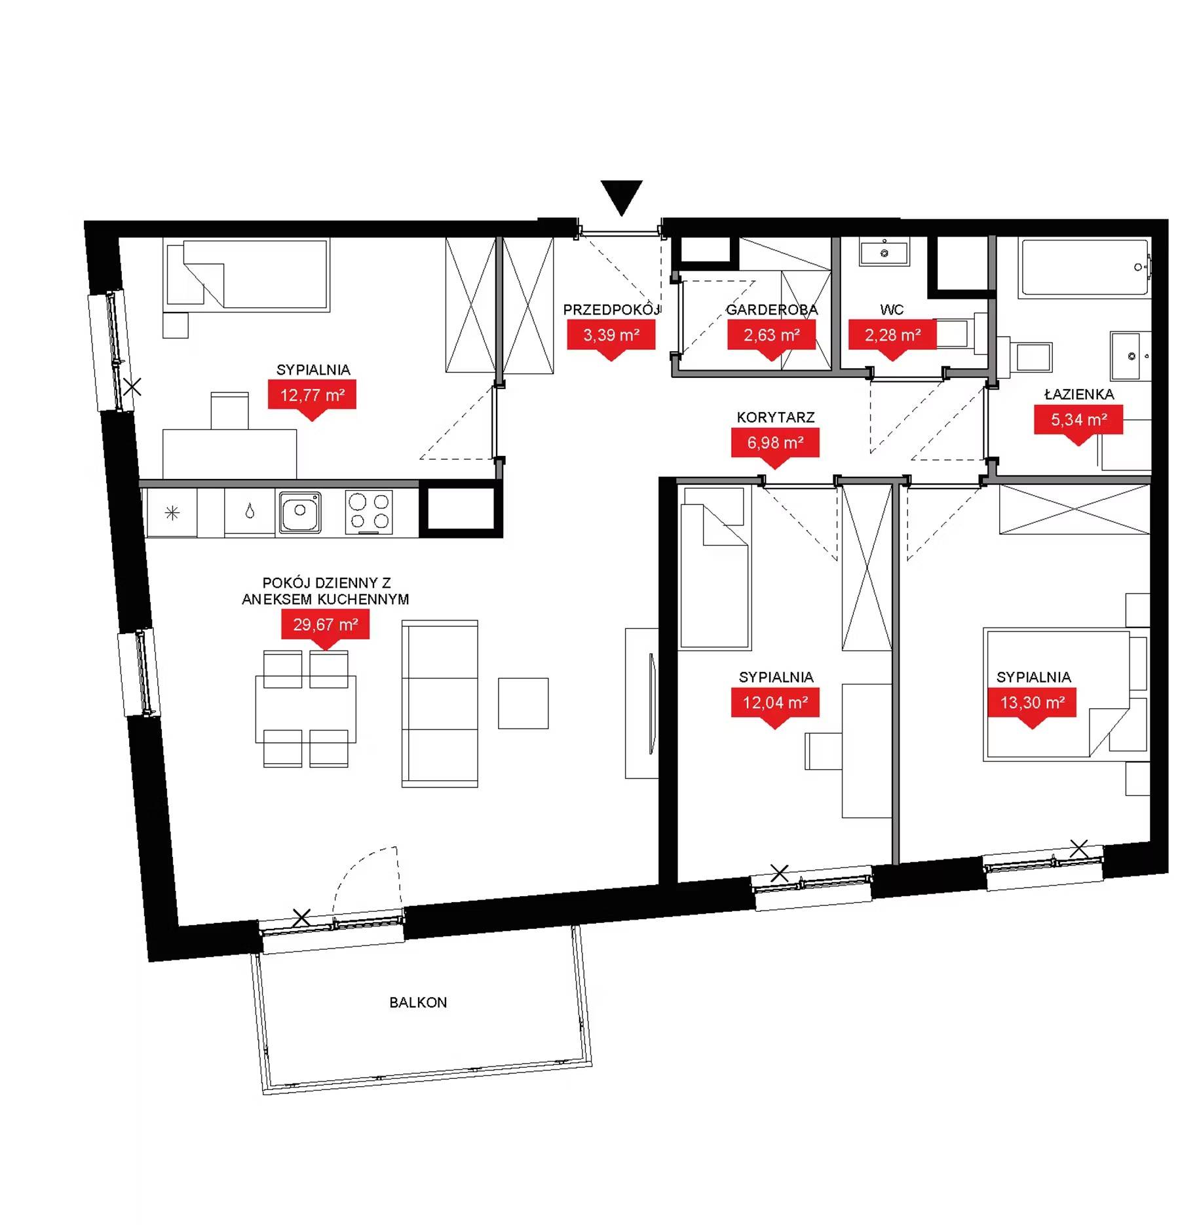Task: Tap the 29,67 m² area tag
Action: (x=326, y=625)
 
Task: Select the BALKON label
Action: (x=418, y=1002)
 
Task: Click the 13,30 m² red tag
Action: (x=1032, y=703)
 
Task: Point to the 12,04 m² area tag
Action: (x=775, y=703)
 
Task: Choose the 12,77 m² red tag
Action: (x=312, y=395)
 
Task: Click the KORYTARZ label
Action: (x=776, y=417)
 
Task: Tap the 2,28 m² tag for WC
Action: (x=892, y=335)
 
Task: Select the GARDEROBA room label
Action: (x=772, y=310)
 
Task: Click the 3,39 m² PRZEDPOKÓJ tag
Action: (x=611, y=335)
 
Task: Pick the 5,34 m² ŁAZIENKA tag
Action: (x=1078, y=420)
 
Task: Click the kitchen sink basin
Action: (x=301, y=512)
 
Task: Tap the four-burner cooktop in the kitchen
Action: (x=369, y=512)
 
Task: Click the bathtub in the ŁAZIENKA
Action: (x=1084, y=267)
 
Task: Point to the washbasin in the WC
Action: (x=885, y=252)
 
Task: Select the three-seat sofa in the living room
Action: (x=440, y=704)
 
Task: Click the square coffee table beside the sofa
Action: (x=523, y=704)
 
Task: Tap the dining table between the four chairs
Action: (x=306, y=709)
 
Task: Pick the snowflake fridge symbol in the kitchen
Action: (x=172, y=513)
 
